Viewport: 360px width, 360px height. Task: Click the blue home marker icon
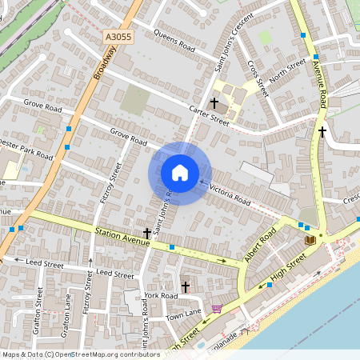tap(180, 173)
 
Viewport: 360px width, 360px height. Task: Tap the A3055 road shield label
tap(118, 38)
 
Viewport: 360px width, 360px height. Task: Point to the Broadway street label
tap(104, 62)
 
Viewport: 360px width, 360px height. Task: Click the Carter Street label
tap(209, 117)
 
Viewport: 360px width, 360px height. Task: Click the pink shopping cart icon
tap(217, 309)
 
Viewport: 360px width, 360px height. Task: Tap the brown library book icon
tap(310, 239)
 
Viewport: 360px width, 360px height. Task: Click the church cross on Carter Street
tap(214, 103)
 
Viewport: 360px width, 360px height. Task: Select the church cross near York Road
tap(185, 286)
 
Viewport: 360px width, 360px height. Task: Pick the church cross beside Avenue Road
tap(322, 131)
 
